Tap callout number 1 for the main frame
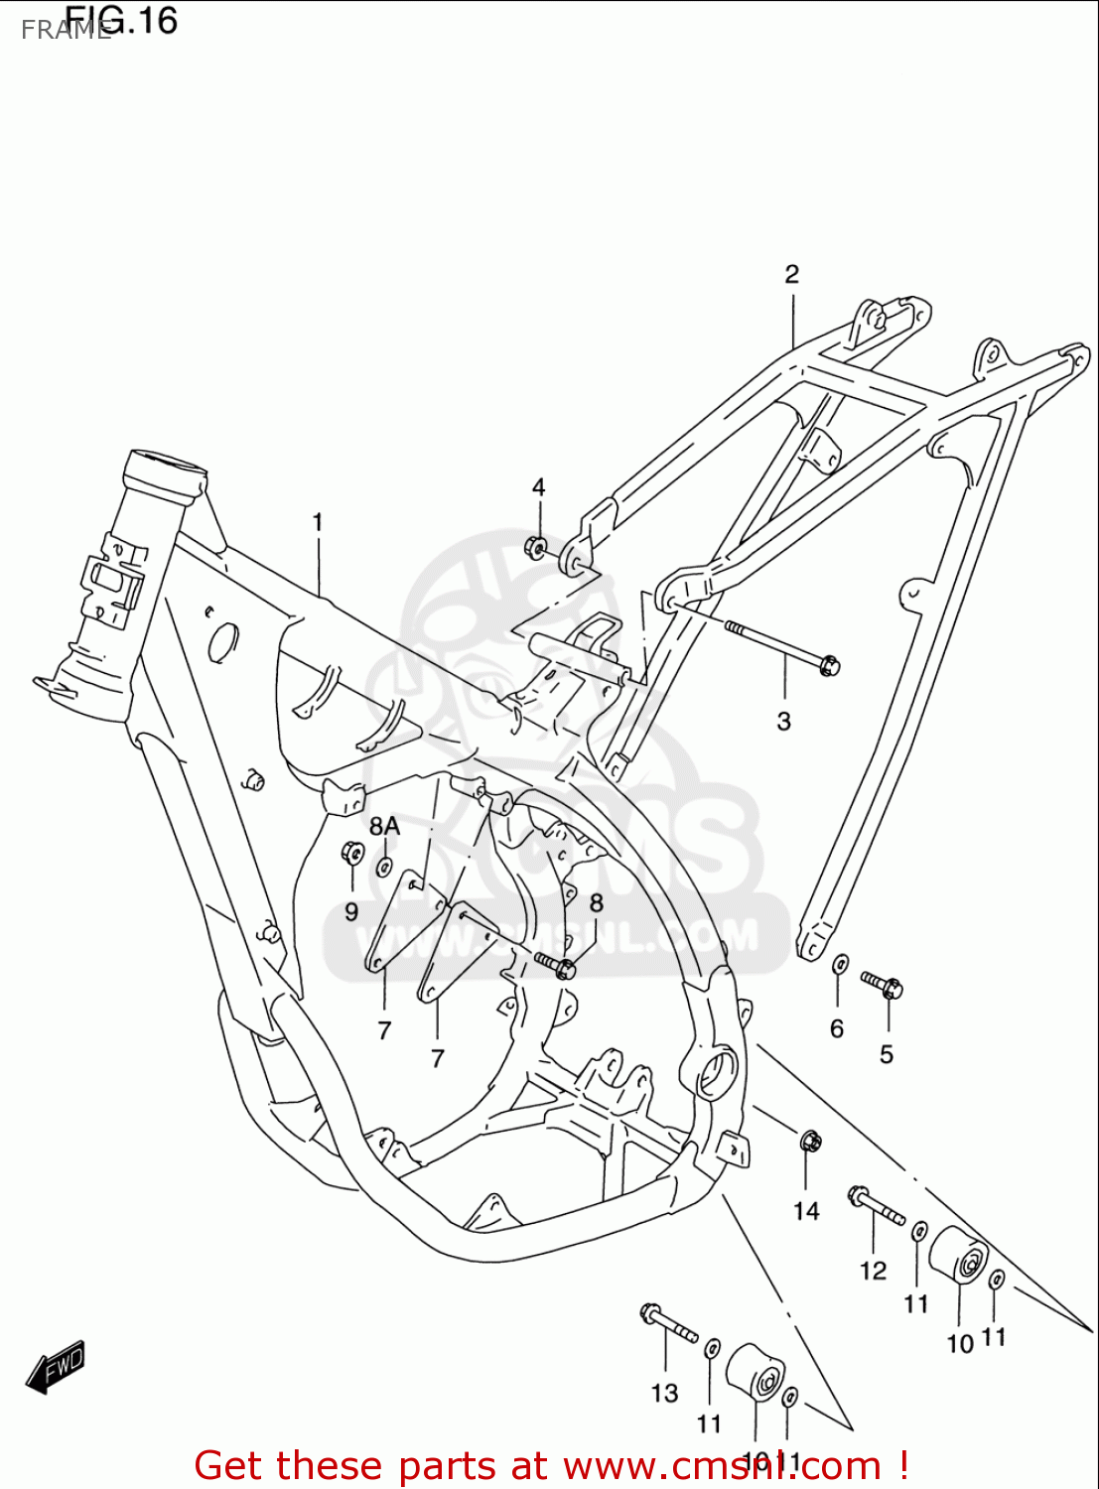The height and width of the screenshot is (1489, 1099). pos(318,522)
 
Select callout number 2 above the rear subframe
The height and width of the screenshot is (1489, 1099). pos(791,274)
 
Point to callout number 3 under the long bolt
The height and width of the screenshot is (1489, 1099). pos(783,722)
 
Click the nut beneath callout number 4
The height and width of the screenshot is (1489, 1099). pos(536,547)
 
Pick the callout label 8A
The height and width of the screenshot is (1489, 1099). pos(384,826)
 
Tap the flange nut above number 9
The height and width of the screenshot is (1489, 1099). pos(351,852)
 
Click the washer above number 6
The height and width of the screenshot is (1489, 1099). pos(840,964)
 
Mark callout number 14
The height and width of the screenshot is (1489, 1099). pos(806,1210)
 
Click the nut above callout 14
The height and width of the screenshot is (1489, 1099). pos(809,1142)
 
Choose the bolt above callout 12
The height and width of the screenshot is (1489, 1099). pos(876,1205)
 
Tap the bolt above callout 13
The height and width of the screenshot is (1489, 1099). pos(668,1323)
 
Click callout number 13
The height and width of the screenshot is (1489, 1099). pos(664,1393)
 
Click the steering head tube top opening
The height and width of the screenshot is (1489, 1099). pos(166,464)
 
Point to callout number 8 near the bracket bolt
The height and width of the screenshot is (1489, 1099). pos(596,902)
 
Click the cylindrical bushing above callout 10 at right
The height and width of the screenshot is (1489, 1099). pos(958,1257)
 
